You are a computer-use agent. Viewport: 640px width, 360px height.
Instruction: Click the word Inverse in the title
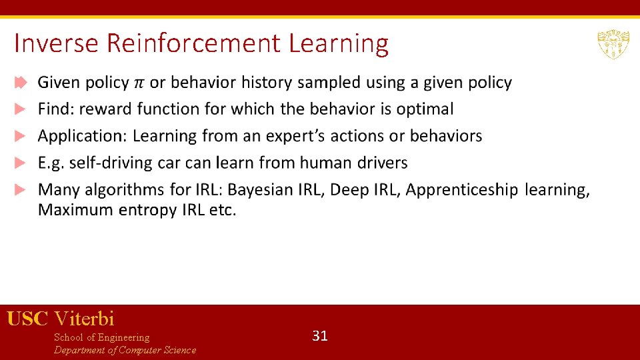click(x=57, y=43)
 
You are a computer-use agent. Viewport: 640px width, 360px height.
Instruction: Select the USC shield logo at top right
click(x=609, y=44)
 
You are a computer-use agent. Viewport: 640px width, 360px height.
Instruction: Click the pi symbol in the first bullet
click(x=139, y=83)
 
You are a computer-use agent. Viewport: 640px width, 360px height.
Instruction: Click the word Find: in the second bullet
click(x=56, y=109)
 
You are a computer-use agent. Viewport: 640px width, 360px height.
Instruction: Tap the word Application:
click(x=83, y=136)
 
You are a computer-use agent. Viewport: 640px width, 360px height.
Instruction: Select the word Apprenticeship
click(x=461, y=190)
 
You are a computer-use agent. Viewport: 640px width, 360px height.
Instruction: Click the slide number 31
click(x=320, y=336)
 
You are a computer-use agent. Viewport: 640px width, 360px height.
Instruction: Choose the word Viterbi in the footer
click(x=84, y=319)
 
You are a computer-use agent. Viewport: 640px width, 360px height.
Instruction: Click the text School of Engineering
click(x=101, y=337)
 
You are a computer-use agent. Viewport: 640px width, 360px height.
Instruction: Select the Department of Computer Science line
click(x=125, y=350)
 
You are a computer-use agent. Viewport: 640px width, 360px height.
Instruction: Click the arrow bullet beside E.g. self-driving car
click(x=21, y=163)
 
